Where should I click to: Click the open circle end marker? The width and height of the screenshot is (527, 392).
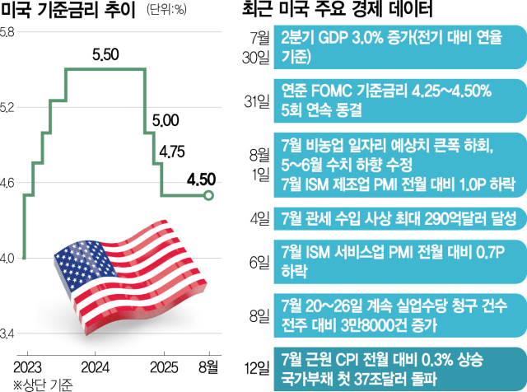[208, 195]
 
